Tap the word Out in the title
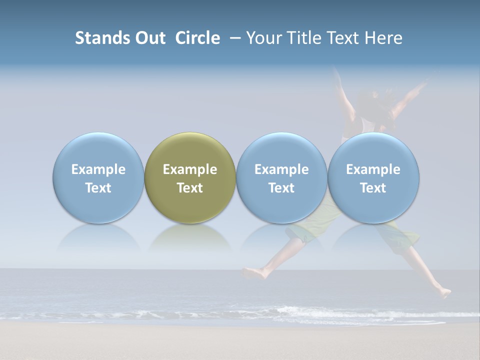[x=149, y=38]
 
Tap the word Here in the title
[x=382, y=38]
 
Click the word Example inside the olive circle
[x=190, y=169]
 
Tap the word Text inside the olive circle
[x=190, y=188]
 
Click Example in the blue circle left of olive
[x=98, y=169]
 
